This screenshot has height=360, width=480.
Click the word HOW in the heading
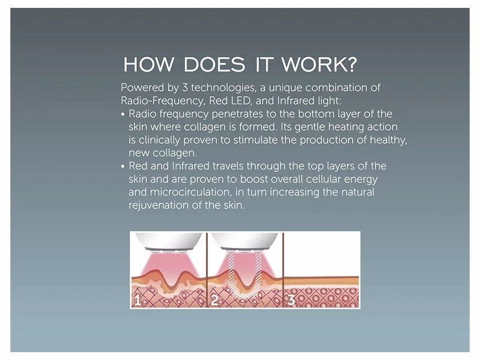point(149,65)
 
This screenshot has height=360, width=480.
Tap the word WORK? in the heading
point(319,65)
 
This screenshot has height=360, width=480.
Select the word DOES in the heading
point(215,65)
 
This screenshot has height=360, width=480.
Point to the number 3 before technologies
point(185,88)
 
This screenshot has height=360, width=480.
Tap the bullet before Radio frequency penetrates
point(123,114)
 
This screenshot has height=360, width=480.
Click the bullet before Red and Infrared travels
point(123,167)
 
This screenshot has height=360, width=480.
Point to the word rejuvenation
point(158,206)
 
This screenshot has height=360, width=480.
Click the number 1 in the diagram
point(138,300)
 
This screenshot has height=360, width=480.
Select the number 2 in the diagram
point(215,300)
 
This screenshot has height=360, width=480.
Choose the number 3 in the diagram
point(291,300)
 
